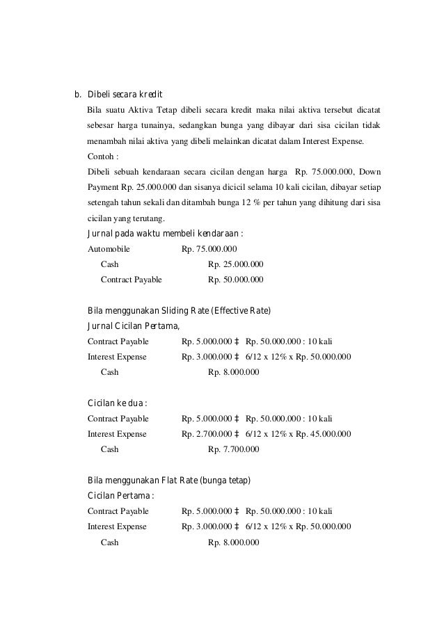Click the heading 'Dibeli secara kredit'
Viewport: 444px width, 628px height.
pyautogui.click(x=125, y=95)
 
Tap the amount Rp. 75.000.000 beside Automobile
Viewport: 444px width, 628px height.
pyautogui.click(x=209, y=248)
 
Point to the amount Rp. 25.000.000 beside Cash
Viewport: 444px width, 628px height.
pyautogui.click(x=236, y=264)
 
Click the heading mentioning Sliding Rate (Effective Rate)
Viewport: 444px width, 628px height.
pyautogui.click(x=179, y=310)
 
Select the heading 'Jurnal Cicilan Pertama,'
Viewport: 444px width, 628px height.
pyautogui.click(x=133, y=325)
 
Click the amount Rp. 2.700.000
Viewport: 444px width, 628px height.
pyautogui.click(x=206, y=434)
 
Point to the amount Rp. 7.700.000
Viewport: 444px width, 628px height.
pyautogui.click(x=234, y=449)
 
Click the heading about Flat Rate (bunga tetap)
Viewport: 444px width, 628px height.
pyautogui.click(x=169, y=481)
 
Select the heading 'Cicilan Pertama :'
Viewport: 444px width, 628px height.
pyautogui.click(x=120, y=496)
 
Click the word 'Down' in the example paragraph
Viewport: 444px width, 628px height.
pyautogui.click(x=368, y=172)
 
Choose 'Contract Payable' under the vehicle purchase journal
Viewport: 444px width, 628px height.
pyautogui.click(x=132, y=280)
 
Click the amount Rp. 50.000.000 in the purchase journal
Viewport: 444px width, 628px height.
pyautogui.click(x=236, y=280)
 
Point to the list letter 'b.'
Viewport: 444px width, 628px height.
pyautogui.click(x=79, y=95)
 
